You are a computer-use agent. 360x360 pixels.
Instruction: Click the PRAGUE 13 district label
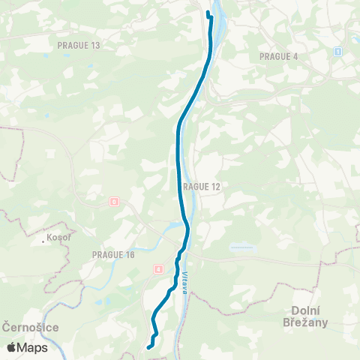tap(78, 45)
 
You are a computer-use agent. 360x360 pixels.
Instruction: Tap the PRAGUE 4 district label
tap(278, 56)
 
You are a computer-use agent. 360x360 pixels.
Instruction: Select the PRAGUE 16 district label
tap(112, 255)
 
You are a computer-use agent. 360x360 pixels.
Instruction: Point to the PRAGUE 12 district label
tap(201, 185)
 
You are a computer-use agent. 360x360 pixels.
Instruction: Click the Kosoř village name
tap(59, 237)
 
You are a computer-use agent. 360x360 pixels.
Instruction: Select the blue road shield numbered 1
tap(338, 51)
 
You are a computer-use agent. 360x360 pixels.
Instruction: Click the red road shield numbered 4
tap(159, 268)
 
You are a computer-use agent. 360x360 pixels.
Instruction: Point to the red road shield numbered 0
tap(114, 201)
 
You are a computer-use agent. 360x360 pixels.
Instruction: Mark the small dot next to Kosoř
tap(45, 241)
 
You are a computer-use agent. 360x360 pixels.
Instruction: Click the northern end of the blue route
tap(208, 13)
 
